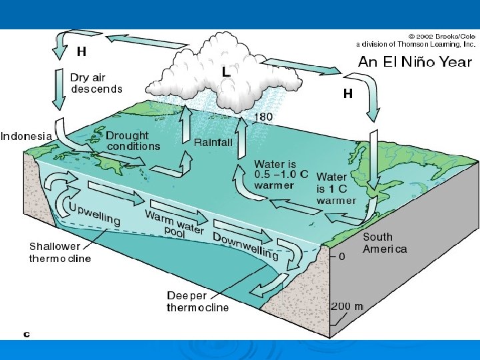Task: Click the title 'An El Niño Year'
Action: [415, 62]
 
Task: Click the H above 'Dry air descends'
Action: [81, 51]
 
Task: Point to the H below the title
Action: [347, 95]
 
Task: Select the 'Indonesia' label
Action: [27, 136]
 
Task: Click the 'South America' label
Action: [385, 243]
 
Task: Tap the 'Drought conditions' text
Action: [133, 141]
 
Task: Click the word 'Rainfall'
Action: [213, 142]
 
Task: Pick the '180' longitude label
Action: [264, 117]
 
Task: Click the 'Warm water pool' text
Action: [175, 221]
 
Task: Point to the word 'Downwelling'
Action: [245, 245]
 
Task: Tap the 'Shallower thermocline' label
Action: [60, 252]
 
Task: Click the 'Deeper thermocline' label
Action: [197, 301]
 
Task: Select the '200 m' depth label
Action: [347, 307]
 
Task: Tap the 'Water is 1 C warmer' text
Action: [336, 189]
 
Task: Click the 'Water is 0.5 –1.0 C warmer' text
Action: [281, 174]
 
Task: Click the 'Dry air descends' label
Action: [97, 83]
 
